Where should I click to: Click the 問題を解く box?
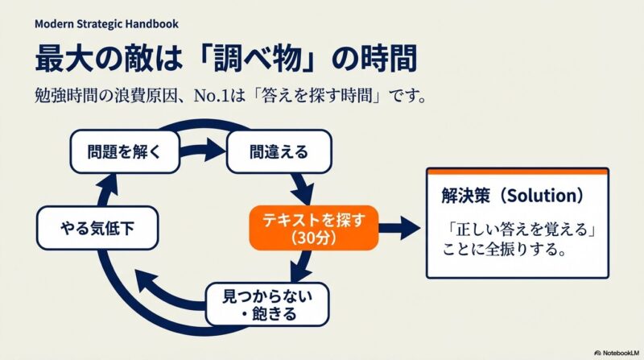[x=117, y=151]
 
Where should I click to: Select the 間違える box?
[x=279, y=151]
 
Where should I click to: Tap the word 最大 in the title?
[x=66, y=60]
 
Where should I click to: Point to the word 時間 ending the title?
[x=394, y=60]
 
